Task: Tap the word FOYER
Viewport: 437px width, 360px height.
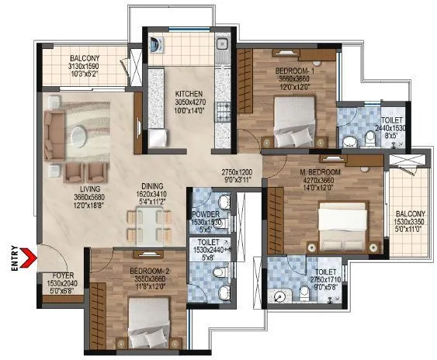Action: pos(64,275)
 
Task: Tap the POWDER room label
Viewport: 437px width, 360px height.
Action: pos(206,214)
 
